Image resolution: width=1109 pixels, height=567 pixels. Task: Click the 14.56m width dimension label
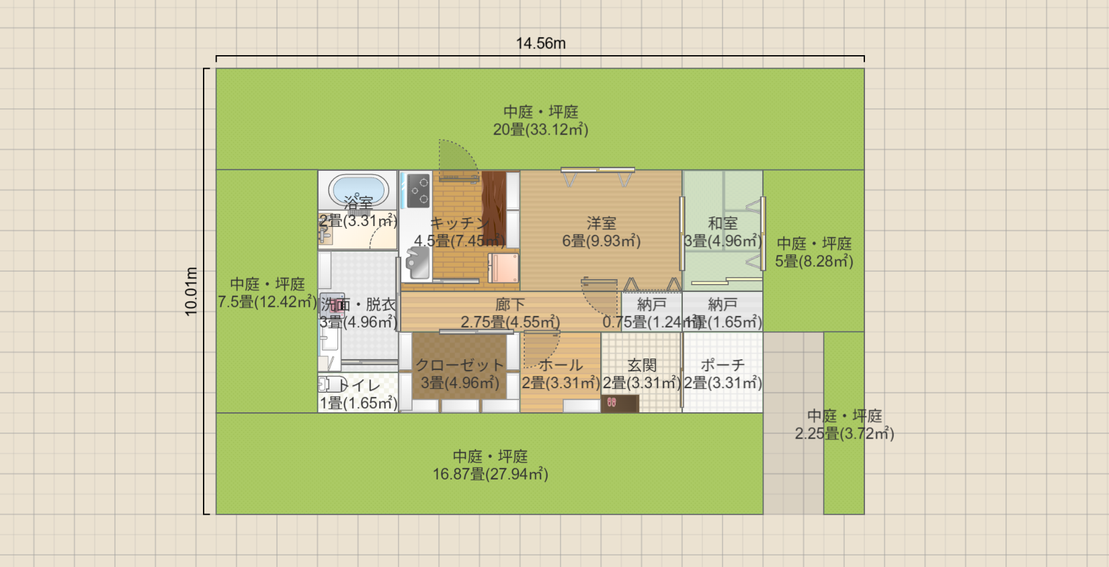click(x=540, y=44)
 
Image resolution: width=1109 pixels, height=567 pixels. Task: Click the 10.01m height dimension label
click(x=192, y=291)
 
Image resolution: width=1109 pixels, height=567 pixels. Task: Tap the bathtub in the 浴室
click(x=358, y=190)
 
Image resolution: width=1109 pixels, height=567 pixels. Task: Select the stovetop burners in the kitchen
click(x=418, y=190)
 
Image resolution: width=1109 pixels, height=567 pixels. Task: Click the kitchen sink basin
click(x=417, y=263)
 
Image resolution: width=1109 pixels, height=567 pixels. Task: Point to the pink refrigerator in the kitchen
click(x=503, y=268)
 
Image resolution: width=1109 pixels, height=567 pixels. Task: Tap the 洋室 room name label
click(x=601, y=223)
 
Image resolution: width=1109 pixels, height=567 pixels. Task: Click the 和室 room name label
click(x=723, y=223)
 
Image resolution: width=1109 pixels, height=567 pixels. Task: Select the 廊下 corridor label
click(x=510, y=305)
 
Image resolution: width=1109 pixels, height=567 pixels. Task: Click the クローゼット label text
click(x=460, y=365)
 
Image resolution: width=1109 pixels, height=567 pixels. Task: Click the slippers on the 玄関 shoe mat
click(x=612, y=402)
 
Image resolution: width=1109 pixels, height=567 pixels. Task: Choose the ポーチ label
click(x=723, y=365)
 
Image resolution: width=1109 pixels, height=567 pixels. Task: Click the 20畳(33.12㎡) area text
click(x=540, y=130)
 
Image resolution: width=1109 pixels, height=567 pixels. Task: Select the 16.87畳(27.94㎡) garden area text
click(x=490, y=474)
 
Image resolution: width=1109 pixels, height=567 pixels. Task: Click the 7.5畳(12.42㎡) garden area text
click(x=267, y=302)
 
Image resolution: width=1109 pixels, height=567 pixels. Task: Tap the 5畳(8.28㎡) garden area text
click(x=814, y=262)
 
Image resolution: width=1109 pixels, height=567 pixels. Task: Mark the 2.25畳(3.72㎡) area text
click(x=844, y=434)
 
